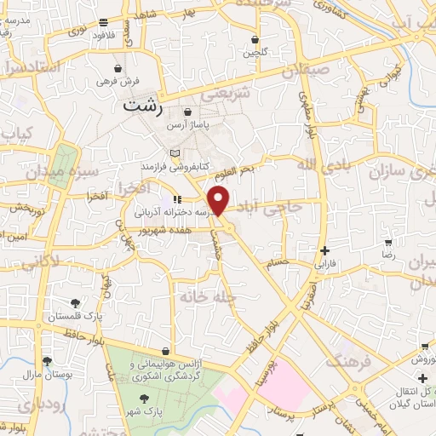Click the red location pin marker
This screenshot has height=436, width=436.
[220, 200]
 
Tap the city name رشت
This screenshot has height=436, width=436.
[141, 107]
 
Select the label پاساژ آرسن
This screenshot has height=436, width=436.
[212, 124]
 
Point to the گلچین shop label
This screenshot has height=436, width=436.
[255, 53]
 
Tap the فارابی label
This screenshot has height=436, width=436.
[327, 264]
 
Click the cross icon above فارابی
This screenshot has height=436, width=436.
[325, 250]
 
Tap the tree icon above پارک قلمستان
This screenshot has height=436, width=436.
[76, 302]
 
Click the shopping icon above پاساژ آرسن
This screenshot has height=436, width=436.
[187, 111]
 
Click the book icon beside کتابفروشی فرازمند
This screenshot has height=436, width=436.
[175, 152]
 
